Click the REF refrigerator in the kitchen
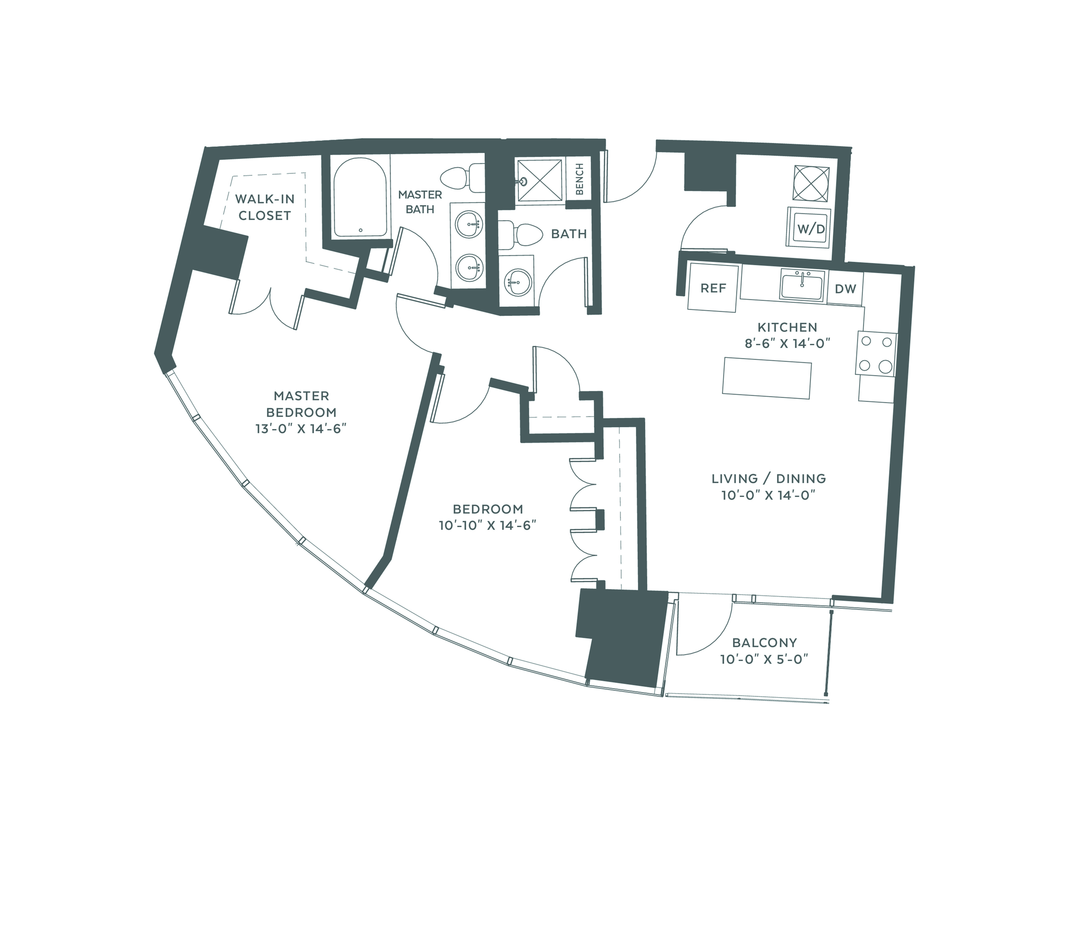(x=713, y=288)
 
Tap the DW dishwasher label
(x=845, y=289)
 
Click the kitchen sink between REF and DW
(x=802, y=287)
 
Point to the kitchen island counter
(x=767, y=378)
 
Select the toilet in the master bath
(x=462, y=178)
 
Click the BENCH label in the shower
(x=579, y=179)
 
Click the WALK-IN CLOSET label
(x=265, y=207)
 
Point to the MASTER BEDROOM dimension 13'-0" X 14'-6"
(x=301, y=429)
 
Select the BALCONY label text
(x=764, y=643)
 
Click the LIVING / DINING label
(x=768, y=479)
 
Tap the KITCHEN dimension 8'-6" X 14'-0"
(x=787, y=343)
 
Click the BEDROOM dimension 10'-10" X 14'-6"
(x=487, y=525)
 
